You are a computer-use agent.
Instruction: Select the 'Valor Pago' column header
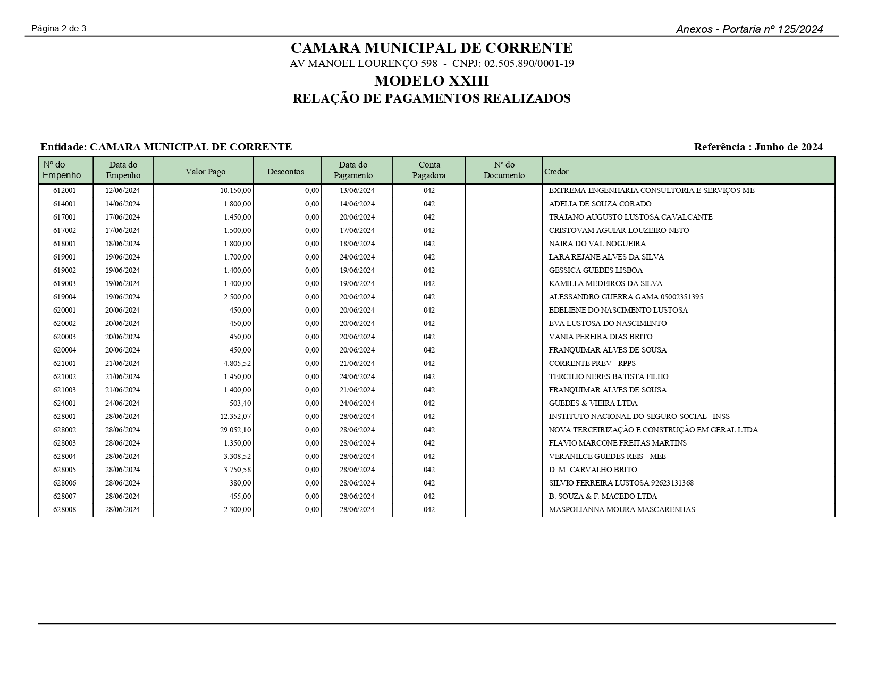click(x=205, y=172)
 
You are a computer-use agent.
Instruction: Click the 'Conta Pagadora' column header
click(x=429, y=170)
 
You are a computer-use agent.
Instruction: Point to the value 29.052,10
click(x=236, y=430)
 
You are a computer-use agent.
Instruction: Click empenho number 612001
click(x=65, y=190)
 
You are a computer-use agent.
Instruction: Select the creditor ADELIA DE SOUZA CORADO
click(x=600, y=204)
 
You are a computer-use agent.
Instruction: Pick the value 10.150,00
click(x=236, y=190)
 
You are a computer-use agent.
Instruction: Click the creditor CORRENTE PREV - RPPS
click(x=592, y=363)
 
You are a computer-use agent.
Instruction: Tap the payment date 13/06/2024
click(x=357, y=190)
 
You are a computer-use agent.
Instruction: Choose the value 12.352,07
click(x=236, y=416)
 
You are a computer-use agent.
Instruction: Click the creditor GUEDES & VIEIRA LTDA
click(x=593, y=403)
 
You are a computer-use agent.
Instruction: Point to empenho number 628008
click(x=65, y=509)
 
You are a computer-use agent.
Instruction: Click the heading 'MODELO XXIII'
click(x=432, y=81)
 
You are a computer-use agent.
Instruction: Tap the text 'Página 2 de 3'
click(x=59, y=29)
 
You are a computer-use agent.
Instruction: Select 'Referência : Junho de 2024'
click(x=758, y=147)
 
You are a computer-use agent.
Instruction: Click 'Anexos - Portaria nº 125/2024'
click(x=749, y=29)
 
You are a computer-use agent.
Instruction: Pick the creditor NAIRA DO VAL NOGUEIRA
click(x=597, y=244)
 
